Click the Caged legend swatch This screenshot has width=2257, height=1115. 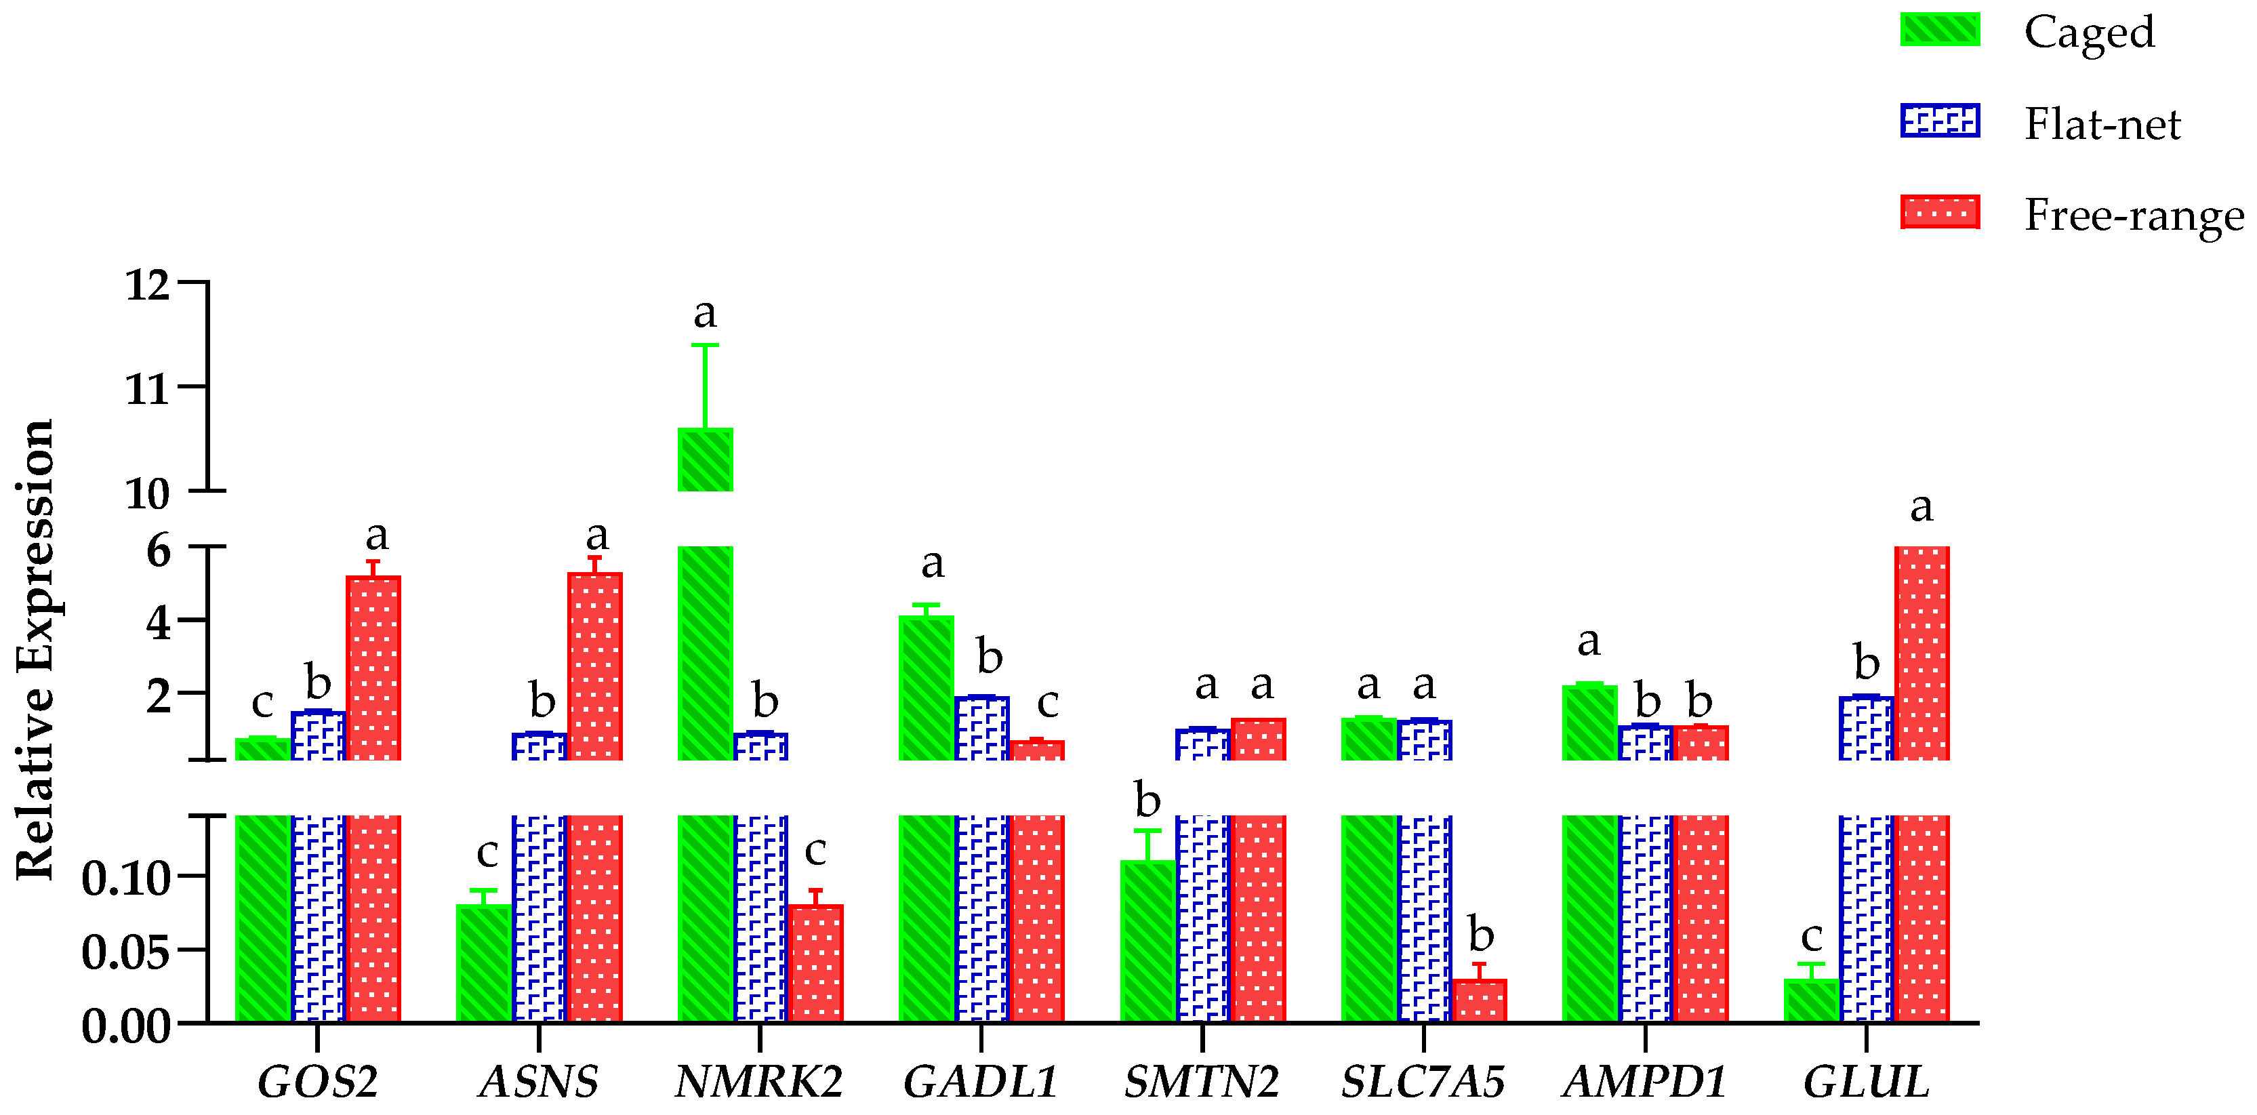tap(1940, 30)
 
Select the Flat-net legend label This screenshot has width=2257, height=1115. tap(2102, 123)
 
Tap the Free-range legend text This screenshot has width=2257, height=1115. tap(2134, 216)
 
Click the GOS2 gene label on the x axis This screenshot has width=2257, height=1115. tap(317, 1081)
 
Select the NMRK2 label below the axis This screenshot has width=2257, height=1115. tap(758, 1081)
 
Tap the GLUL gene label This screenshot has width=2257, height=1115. tap(1865, 1081)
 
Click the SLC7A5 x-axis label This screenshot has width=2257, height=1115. tap(1423, 1081)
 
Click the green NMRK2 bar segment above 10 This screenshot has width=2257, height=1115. tap(706, 460)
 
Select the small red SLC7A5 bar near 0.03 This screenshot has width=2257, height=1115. tap(1479, 1000)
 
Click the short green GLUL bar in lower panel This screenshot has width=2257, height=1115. tap(1811, 1000)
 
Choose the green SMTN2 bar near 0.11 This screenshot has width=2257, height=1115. tap(1147, 941)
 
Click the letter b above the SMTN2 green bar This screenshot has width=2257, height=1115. tap(1147, 800)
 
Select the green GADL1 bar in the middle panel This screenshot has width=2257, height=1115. tap(926, 687)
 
